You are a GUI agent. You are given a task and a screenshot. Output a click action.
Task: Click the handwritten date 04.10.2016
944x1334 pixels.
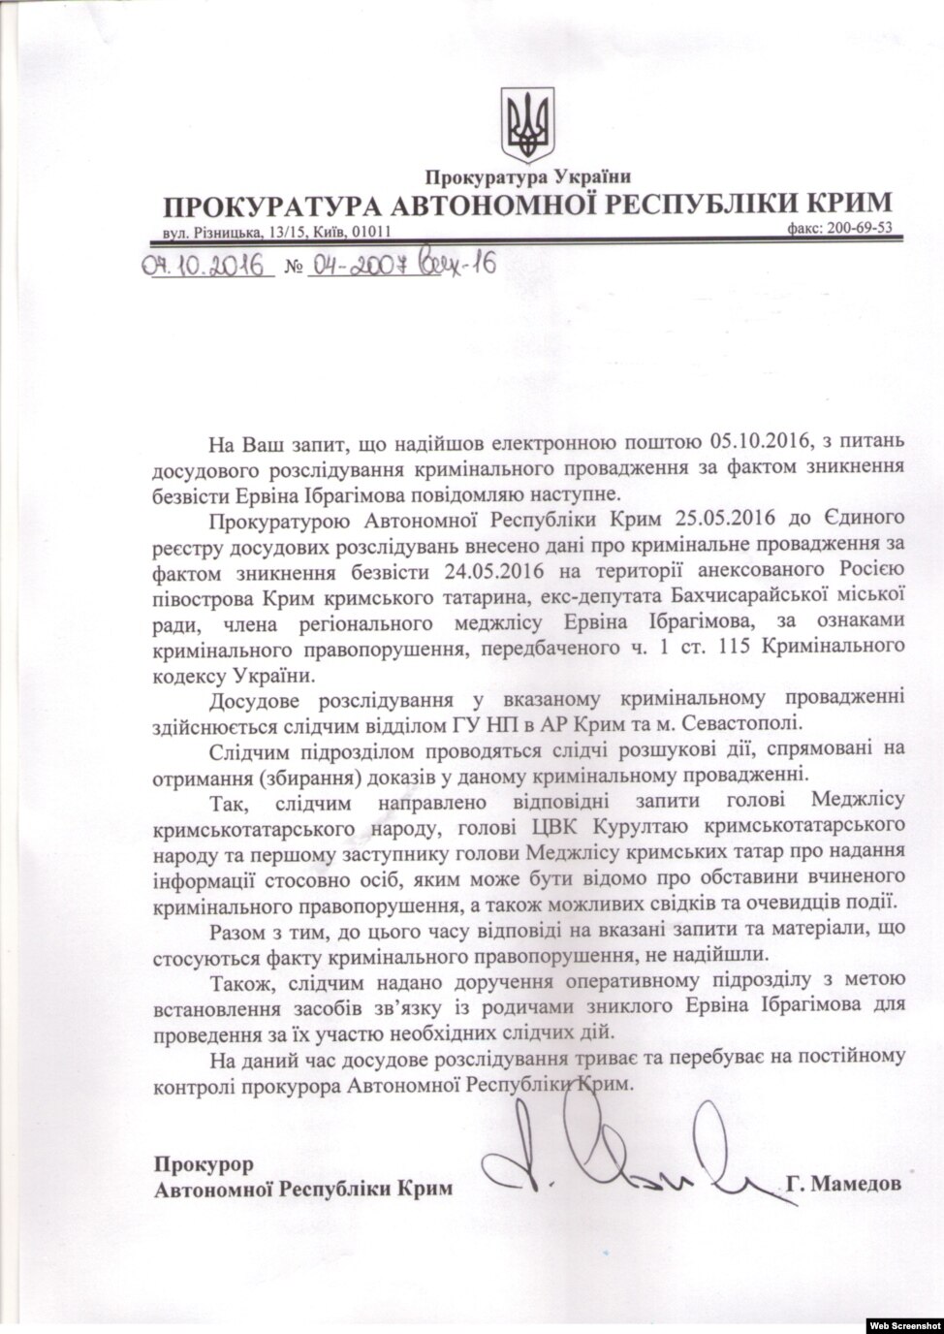[204, 265]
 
